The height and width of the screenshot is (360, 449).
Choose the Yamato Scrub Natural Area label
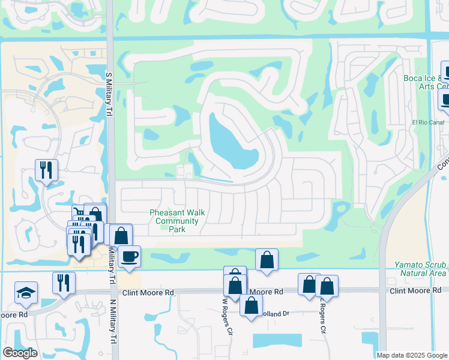click(x=420, y=269)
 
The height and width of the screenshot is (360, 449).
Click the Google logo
click(x=19, y=352)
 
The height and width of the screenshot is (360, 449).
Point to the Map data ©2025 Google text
click(x=412, y=355)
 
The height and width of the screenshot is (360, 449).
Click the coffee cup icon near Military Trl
click(x=129, y=257)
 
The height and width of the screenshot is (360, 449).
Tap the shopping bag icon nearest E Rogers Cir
click(x=326, y=286)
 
